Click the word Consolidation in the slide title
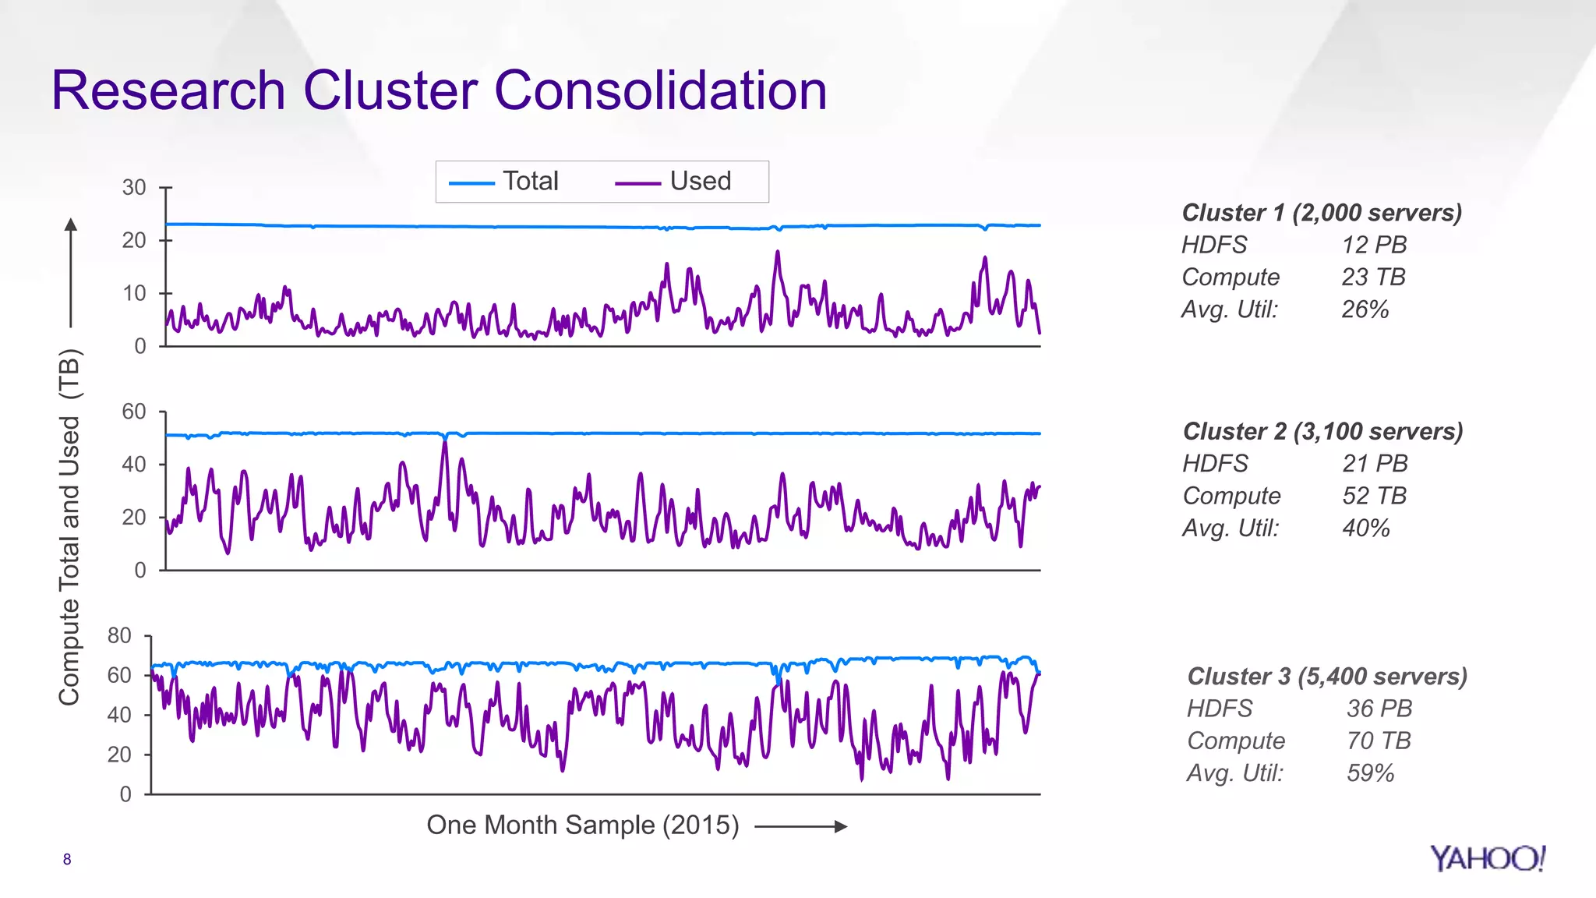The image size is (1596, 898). coord(660,90)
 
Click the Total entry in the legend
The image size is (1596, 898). coord(530,181)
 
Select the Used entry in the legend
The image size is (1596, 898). coord(700,181)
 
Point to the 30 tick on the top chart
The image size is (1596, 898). coord(134,187)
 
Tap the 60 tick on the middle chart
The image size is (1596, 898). coord(134,411)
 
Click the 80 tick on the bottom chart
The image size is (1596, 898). coord(119,635)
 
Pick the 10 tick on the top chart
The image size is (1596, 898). coord(134,293)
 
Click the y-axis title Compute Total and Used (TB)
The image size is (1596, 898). coord(69,527)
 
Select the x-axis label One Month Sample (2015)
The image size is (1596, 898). coord(582,825)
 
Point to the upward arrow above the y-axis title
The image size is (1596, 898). coord(71,272)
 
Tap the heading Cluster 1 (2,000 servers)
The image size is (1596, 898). coord(1322,212)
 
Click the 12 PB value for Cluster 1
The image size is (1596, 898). coord(1374,245)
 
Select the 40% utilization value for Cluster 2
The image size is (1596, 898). coord(1365,528)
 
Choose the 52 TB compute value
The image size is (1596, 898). coord(1374,496)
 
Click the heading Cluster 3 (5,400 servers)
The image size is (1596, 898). coord(1327,676)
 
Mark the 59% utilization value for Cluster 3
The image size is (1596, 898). coord(1370,772)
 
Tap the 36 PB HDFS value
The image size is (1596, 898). coord(1379,708)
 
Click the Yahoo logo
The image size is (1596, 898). coord(1487,858)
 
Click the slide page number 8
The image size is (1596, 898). coord(67,859)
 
